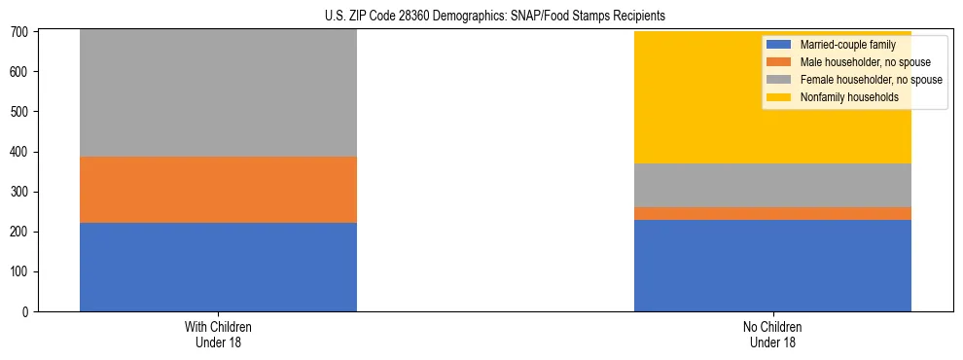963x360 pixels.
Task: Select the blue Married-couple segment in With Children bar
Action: tap(218, 267)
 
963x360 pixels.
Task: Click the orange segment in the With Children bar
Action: tap(218, 190)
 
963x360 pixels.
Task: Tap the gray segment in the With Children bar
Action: tap(218, 93)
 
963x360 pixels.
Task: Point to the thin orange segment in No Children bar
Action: tap(772, 213)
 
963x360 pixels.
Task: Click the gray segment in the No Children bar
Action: tap(772, 185)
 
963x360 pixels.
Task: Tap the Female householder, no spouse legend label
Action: tap(870, 80)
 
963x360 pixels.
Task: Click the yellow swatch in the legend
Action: tap(779, 97)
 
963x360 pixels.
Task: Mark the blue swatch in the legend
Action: tap(779, 45)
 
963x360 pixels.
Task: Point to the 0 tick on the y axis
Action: tap(29, 312)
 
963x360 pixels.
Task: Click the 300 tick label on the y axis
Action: tap(23, 193)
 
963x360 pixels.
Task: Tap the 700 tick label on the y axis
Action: tap(23, 32)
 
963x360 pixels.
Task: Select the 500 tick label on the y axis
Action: tap(23, 112)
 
